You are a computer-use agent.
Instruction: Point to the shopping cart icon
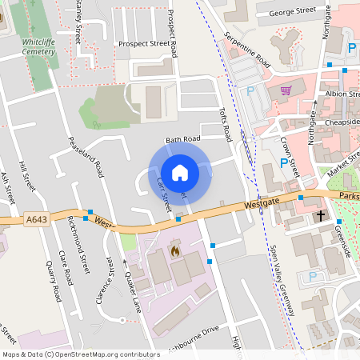point(286,90)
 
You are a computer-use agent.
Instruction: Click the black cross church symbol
point(321,216)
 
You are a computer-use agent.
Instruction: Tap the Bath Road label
point(182,140)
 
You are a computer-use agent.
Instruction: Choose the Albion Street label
point(343,93)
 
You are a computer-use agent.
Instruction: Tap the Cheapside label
point(343,122)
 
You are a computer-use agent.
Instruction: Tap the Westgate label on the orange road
point(262,204)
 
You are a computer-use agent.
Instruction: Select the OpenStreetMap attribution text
point(81,354)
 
